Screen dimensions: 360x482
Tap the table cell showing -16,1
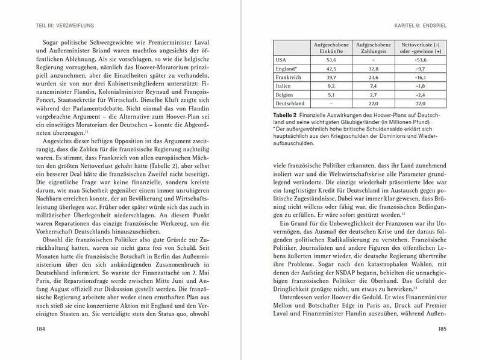click(419, 78)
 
